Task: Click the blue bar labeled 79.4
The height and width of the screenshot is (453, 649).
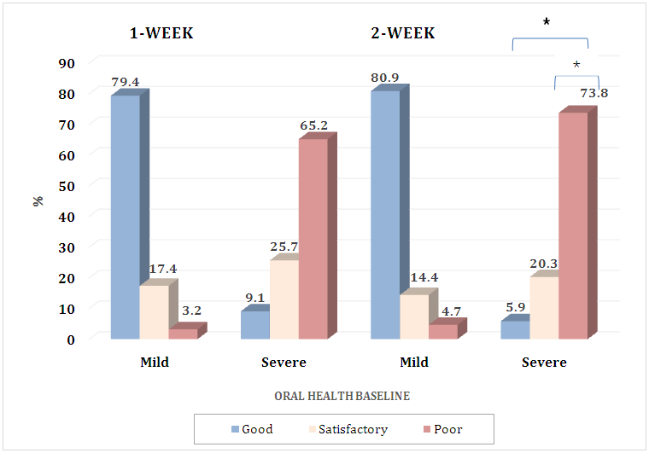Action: point(126,217)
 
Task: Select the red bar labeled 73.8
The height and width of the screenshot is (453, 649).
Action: point(573,225)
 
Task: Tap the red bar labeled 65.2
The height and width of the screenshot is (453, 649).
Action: point(313,239)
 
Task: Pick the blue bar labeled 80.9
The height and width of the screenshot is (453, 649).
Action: point(385,214)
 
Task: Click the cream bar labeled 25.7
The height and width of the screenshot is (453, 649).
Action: point(284,299)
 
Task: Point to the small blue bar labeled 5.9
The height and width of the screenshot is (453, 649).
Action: point(514,329)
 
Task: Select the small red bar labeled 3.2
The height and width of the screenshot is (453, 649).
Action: point(183,334)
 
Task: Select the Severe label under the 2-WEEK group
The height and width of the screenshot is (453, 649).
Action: point(544,363)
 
